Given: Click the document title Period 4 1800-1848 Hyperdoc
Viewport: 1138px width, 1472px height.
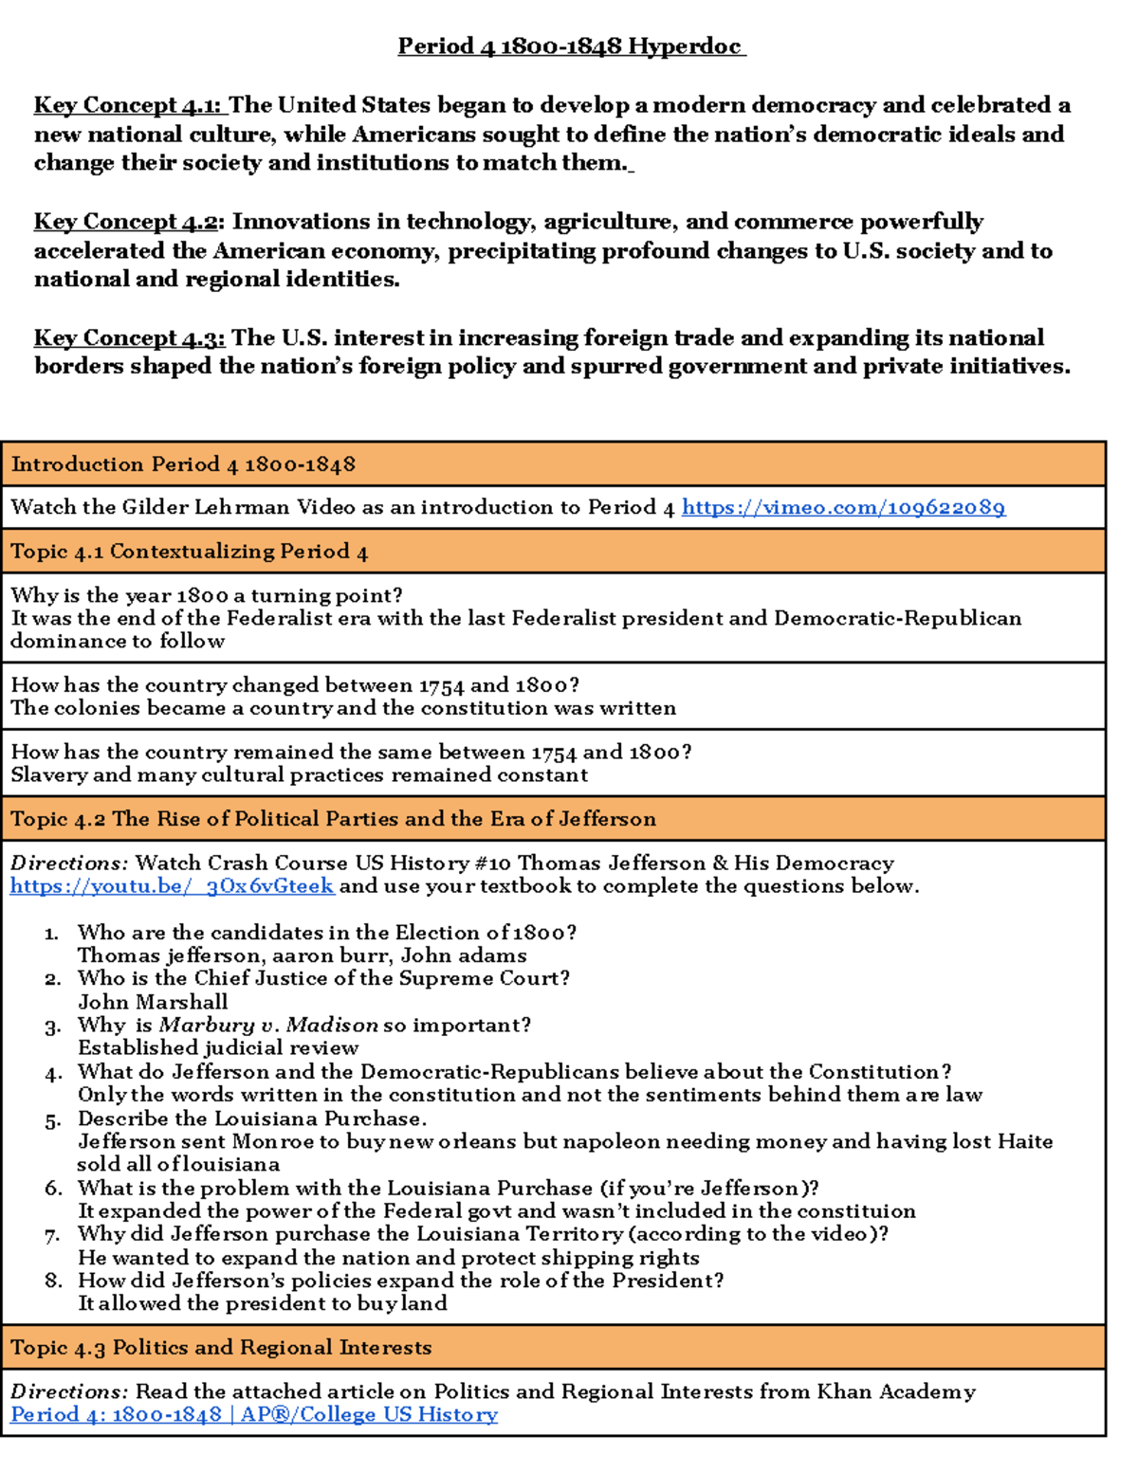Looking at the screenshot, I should (x=571, y=45).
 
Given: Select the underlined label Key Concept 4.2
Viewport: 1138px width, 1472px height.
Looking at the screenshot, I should (x=126, y=221).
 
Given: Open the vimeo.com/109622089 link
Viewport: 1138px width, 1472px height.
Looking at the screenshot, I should (x=843, y=507).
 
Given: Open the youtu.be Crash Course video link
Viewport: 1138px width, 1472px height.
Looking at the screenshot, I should (x=172, y=886).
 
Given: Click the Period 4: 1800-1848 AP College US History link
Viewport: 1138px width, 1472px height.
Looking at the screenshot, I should (x=253, y=1414).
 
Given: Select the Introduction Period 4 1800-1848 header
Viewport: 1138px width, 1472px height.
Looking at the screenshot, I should (x=183, y=464).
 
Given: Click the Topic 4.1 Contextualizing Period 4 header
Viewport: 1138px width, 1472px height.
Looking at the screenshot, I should (x=189, y=552).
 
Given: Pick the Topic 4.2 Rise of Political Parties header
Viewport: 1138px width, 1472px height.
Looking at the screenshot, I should (x=333, y=819).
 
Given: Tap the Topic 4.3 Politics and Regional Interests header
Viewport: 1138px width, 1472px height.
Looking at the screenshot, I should (x=221, y=1347).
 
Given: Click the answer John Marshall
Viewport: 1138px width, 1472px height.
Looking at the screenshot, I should (x=153, y=1002).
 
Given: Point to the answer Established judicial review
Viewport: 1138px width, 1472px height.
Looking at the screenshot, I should (x=218, y=1048).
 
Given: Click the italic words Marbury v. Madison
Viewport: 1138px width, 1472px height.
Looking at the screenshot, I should (x=268, y=1025).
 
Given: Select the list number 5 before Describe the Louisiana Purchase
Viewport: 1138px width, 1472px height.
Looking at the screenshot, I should (x=53, y=1120).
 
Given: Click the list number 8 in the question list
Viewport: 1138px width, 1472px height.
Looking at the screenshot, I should (x=53, y=1281).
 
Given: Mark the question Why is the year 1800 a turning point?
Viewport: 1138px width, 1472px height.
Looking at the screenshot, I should (x=206, y=595).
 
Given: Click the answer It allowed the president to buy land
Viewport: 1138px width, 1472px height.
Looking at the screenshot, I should (x=262, y=1303).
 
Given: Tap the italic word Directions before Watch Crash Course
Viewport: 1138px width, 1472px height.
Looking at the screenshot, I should (x=68, y=863).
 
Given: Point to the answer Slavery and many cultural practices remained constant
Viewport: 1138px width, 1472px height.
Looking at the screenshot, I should (x=299, y=775).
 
